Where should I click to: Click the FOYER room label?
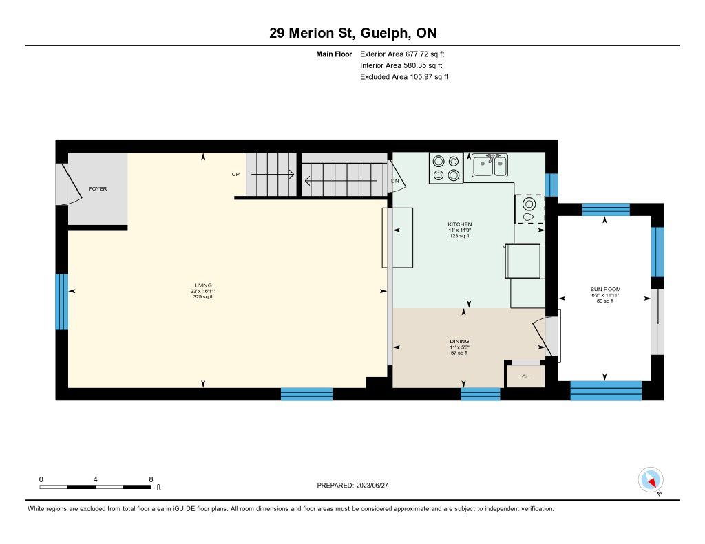click(x=98, y=188)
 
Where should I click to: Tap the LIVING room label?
click(x=203, y=285)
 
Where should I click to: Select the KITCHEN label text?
click(x=459, y=224)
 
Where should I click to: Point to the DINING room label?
click(x=459, y=341)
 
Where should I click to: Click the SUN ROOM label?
click(x=605, y=290)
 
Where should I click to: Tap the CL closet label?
click(x=525, y=376)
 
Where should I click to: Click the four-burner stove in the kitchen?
click(x=446, y=168)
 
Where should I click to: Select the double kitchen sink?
click(x=490, y=165)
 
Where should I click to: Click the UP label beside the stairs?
click(x=235, y=174)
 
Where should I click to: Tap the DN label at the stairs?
click(x=394, y=181)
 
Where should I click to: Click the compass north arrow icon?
click(x=651, y=480)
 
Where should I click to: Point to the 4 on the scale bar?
click(x=95, y=479)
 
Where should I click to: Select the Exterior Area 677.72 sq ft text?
click(x=402, y=54)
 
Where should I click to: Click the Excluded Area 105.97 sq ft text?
click(x=404, y=77)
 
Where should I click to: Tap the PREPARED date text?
click(x=352, y=485)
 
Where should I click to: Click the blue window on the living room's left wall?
click(x=62, y=302)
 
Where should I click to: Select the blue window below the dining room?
click(x=480, y=394)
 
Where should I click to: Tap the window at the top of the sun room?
click(x=606, y=210)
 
